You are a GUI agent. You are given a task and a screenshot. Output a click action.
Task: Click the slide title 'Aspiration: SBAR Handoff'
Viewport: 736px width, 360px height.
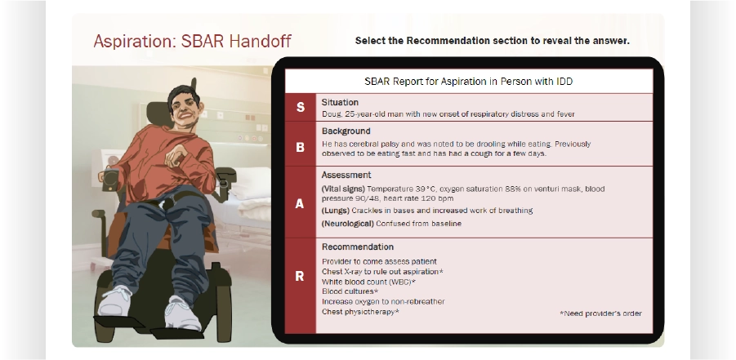[193, 42]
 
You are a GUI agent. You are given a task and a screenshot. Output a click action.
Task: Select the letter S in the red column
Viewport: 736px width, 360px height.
[300, 108]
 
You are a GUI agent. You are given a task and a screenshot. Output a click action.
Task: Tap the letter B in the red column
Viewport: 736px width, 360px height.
[300, 148]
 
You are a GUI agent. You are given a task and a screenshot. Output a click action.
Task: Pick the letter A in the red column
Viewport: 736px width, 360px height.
[300, 204]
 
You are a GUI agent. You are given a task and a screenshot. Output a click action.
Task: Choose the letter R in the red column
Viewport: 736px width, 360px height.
[300, 277]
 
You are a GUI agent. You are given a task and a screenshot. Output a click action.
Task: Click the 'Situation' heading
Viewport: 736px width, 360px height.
[340, 102]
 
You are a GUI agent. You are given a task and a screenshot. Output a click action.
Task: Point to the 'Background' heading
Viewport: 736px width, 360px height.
[346, 131]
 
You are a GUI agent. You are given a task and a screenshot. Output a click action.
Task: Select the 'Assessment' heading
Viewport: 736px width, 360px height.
[346, 175]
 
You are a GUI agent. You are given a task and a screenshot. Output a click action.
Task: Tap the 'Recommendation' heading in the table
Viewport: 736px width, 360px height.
[358, 247]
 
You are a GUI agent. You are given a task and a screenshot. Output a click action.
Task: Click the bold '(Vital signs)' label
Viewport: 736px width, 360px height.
[343, 189]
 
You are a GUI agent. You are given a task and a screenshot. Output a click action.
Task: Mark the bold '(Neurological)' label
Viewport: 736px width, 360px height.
[348, 224]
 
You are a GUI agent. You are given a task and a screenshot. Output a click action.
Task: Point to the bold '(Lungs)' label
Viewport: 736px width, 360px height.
[336, 211]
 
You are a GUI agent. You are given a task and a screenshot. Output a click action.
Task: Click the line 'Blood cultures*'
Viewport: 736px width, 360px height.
[350, 291]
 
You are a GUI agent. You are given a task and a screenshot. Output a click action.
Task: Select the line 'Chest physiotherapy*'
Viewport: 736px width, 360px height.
[360, 312]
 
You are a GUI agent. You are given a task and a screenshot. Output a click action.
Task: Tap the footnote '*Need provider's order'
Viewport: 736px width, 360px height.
[601, 313]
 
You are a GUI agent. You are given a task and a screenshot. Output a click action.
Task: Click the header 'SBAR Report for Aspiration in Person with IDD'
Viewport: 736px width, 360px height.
[468, 81]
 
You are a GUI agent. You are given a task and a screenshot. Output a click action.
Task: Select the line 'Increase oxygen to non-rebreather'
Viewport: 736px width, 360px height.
[383, 301]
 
